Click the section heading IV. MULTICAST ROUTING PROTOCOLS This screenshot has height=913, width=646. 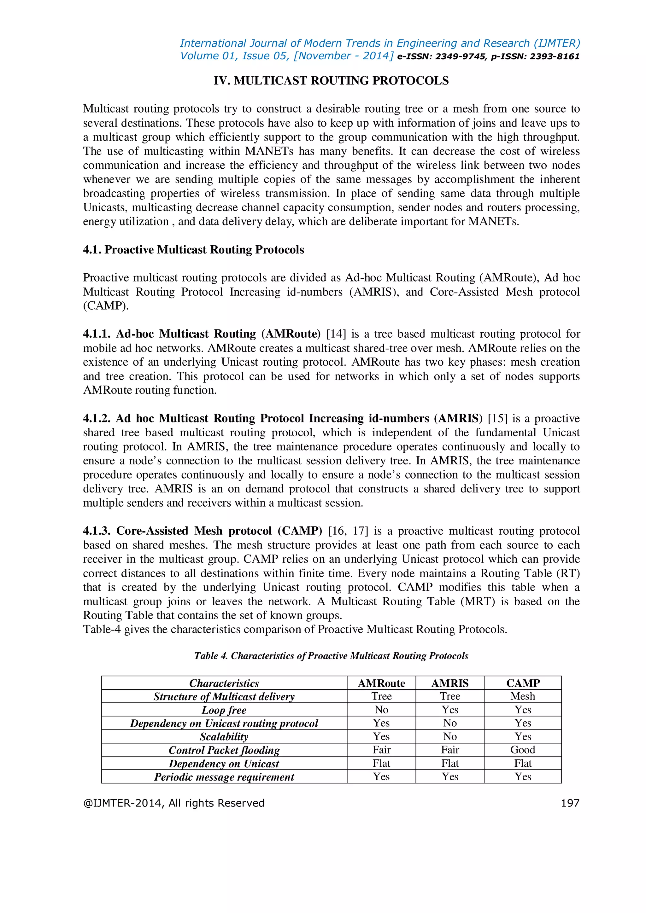(x=331, y=81)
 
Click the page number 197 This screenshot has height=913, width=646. (x=570, y=803)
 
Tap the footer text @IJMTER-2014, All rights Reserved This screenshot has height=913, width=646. (x=173, y=803)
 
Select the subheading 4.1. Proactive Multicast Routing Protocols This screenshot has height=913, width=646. (x=193, y=250)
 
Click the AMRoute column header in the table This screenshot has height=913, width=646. (x=381, y=683)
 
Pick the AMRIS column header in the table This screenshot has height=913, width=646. (x=449, y=683)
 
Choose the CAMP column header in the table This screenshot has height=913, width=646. (x=522, y=683)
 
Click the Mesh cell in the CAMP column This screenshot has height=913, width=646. (x=522, y=696)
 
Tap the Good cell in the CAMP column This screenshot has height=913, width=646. (x=522, y=750)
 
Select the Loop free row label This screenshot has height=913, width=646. (x=224, y=710)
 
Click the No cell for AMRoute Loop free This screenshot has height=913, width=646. (x=381, y=710)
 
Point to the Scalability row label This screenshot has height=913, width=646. (x=224, y=736)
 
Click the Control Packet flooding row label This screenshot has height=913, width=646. (x=224, y=750)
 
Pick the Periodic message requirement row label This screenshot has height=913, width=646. (x=224, y=776)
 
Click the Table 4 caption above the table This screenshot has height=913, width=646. (x=331, y=656)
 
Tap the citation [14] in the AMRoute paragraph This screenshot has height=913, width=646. (x=336, y=334)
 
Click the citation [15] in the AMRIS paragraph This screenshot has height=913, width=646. (x=498, y=419)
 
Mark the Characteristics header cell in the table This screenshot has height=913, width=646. (x=224, y=683)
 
